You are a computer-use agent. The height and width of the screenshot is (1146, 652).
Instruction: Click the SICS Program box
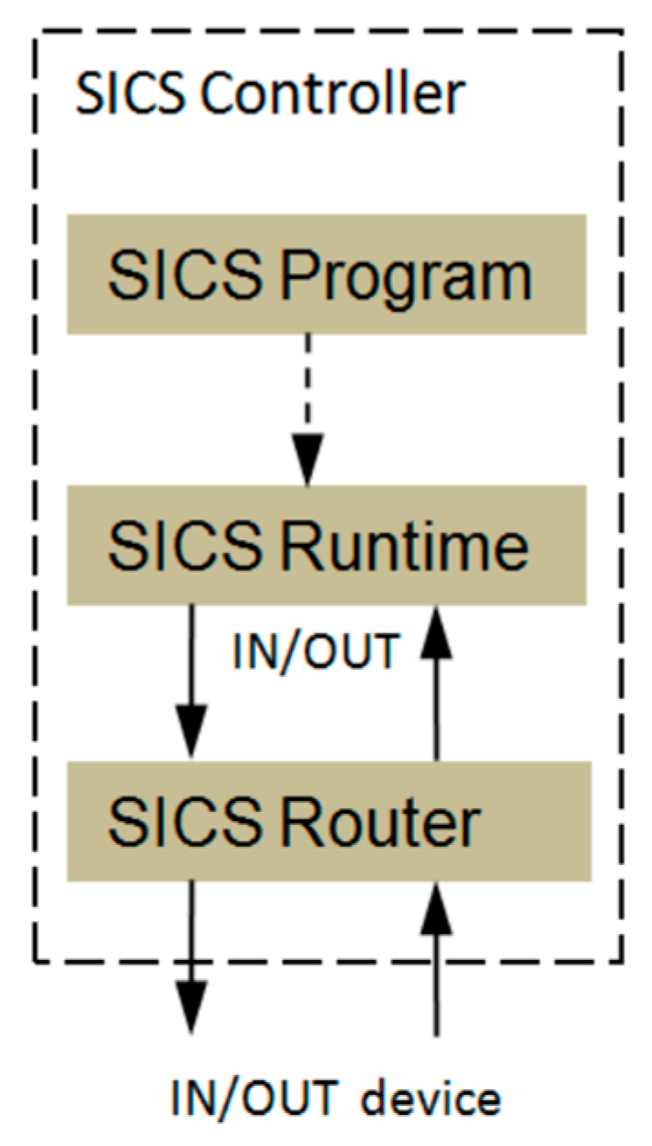[326, 273]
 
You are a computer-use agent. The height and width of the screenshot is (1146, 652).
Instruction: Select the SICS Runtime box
[326, 545]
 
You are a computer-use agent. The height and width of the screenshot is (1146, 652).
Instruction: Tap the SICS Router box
[328, 821]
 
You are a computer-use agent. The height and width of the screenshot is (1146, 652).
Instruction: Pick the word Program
[405, 275]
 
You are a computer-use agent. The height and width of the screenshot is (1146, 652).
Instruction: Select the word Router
[379, 822]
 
